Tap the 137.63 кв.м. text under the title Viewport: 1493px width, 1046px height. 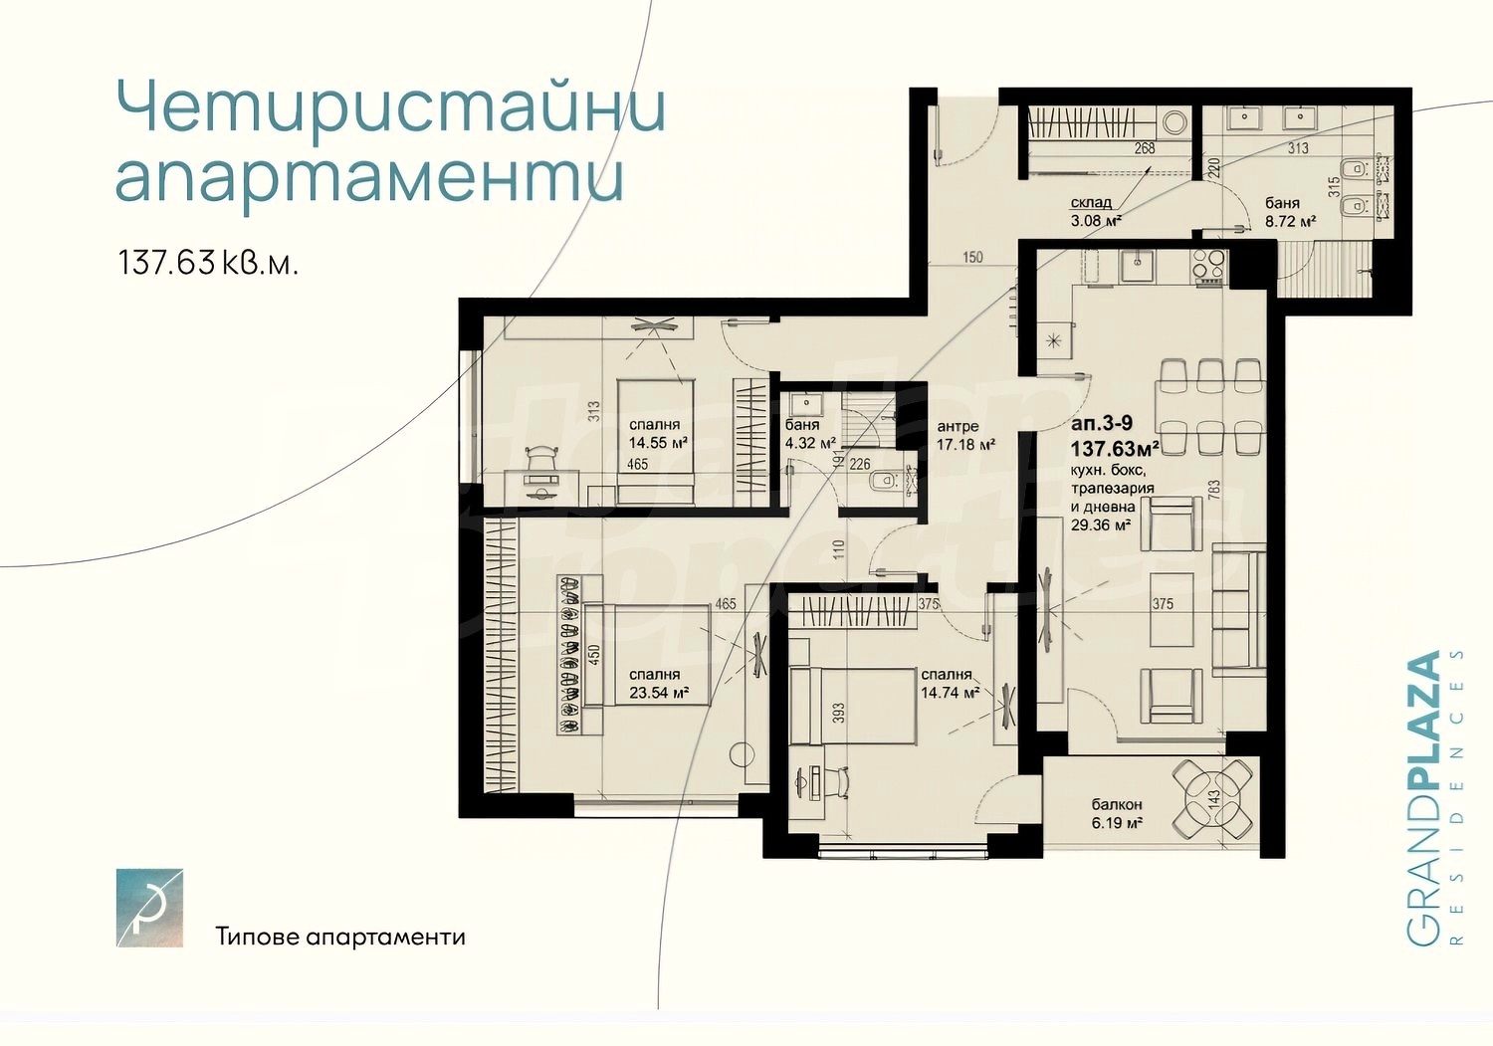pyautogui.click(x=208, y=263)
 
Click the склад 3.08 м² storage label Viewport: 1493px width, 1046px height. pyautogui.click(x=1096, y=212)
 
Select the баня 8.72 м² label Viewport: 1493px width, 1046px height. pyautogui.click(x=1290, y=212)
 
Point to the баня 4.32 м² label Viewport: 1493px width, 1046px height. pyautogui.click(x=809, y=434)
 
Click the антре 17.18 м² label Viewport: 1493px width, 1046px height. pyautogui.click(x=964, y=436)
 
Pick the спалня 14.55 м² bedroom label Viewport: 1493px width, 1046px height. pyautogui.click(x=654, y=434)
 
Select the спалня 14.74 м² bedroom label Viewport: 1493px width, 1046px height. pyautogui.click(x=949, y=684)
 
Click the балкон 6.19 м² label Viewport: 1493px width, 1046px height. pyautogui.click(x=1117, y=813)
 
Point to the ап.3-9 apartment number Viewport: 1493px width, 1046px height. pyautogui.click(x=1101, y=423)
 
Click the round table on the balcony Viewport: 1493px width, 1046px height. pyautogui.click(x=1211, y=799)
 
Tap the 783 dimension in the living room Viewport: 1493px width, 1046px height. pyautogui.click(x=1213, y=491)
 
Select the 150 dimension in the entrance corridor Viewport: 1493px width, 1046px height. pyautogui.click(x=972, y=257)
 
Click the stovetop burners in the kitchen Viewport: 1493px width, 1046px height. pyautogui.click(x=1210, y=267)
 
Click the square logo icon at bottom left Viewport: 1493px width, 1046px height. pyautogui.click(x=149, y=907)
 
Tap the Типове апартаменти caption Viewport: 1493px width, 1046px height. pyautogui.click(x=340, y=938)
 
